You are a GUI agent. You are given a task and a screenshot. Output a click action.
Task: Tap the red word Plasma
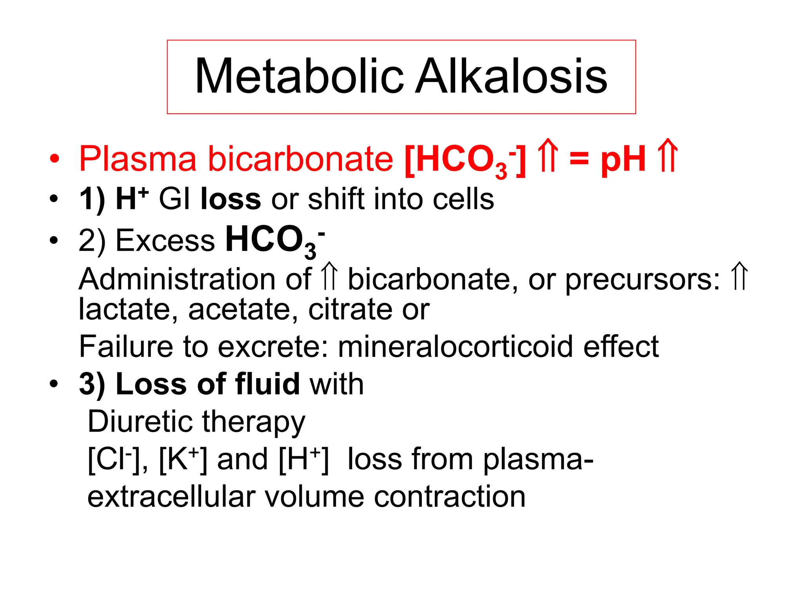click(137, 159)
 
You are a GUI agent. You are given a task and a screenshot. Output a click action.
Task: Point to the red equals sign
click(579, 160)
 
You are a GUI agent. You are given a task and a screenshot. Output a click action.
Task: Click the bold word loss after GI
click(231, 199)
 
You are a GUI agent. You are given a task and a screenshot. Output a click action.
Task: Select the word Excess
click(165, 240)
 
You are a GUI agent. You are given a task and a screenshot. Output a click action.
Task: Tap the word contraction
click(449, 497)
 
